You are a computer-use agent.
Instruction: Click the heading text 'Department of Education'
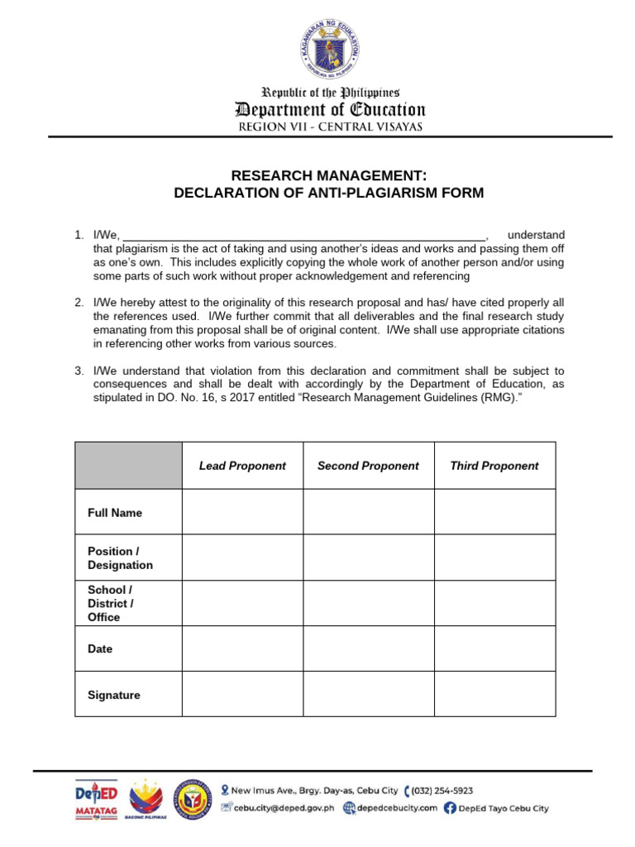[330, 110]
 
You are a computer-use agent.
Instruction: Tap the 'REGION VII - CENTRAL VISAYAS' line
[330, 127]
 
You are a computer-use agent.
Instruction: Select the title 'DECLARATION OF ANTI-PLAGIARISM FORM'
[328, 193]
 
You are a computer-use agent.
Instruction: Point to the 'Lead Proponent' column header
[242, 466]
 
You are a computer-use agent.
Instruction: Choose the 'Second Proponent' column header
[368, 466]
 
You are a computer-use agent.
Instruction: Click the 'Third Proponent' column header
[494, 466]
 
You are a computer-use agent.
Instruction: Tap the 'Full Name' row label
[115, 513]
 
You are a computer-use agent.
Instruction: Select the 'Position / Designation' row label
[120, 558]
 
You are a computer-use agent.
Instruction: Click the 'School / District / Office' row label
[110, 603]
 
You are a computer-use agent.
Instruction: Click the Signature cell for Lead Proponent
[242, 694]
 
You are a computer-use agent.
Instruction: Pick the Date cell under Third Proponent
[494, 648]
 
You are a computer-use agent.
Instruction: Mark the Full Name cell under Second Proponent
[368, 512]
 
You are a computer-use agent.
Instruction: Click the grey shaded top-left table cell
[128, 465]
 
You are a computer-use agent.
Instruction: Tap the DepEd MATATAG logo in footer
[96, 800]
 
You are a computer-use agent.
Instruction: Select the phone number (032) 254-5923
[443, 791]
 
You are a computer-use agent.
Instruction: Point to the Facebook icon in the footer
[449, 808]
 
